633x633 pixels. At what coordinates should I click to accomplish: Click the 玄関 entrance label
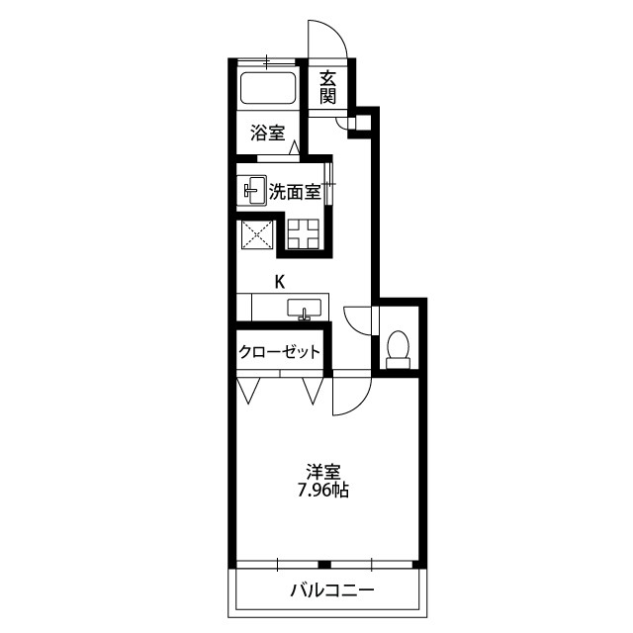coord(327,88)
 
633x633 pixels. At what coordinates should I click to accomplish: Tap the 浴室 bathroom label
coord(268,133)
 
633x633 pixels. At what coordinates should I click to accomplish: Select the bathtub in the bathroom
coord(268,88)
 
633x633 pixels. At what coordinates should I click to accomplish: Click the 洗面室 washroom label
coord(295,192)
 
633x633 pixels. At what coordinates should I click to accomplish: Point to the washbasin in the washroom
coord(251,191)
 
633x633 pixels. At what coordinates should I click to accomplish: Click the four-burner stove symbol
coord(303,233)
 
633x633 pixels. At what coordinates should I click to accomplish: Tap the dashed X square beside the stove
coord(257,234)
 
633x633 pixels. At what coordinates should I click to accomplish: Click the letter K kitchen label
coord(279,282)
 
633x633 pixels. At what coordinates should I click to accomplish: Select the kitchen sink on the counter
coord(305,310)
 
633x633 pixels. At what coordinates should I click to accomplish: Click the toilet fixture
coord(398,349)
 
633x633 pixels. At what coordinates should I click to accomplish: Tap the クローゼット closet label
coord(279,352)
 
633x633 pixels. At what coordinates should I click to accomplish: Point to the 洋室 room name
coord(323,472)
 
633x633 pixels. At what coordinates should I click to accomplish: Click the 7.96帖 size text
coord(323,490)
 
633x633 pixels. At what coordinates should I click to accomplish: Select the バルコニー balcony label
coord(332,590)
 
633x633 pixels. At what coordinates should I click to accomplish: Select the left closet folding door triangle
coord(248,391)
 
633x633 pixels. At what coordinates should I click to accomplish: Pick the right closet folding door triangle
coord(313,391)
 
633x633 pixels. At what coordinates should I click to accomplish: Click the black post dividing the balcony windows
coord(324,565)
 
